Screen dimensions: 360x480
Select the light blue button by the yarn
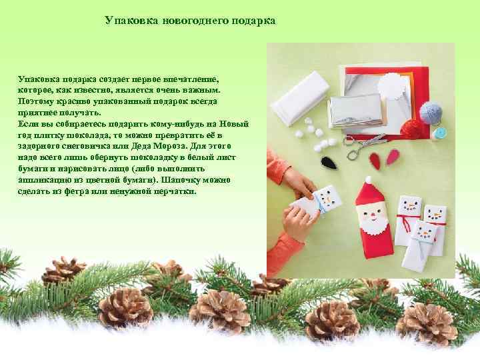click(x=439, y=133)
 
